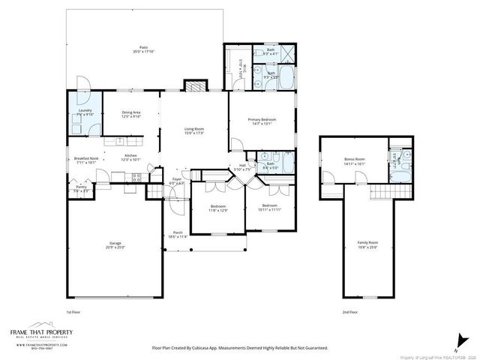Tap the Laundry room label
pyautogui.click(x=85, y=110)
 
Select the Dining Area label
pyautogui.click(x=131, y=112)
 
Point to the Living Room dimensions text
pyautogui.click(x=194, y=133)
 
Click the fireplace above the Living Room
pyautogui.click(x=194, y=85)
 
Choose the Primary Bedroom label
pyautogui.click(x=260, y=120)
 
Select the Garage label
pyautogui.click(x=115, y=243)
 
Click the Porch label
pyautogui.click(x=178, y=232)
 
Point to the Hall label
pyautogui.click(x=242, y=165)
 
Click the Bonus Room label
pyautogui.click(x=354, y=159)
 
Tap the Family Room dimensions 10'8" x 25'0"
pyautogui.click(x=367, y=247)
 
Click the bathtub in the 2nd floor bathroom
pyautogui.click(x=400, y=174)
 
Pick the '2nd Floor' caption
pyautogui.click(x=350, y=311)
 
